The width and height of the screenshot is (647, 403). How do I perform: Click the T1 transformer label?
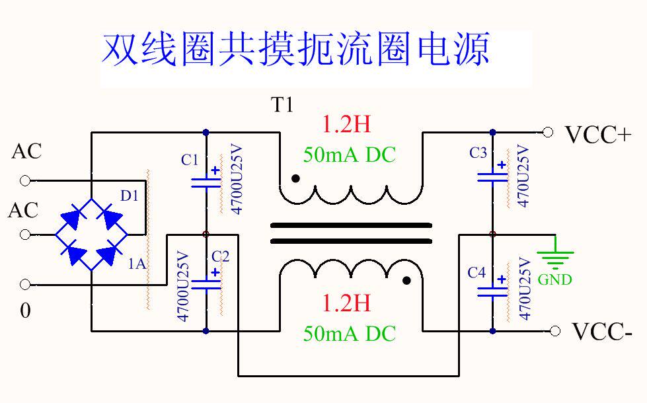(x=282, y=105)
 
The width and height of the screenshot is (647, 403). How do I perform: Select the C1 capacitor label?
(x=190, y=160)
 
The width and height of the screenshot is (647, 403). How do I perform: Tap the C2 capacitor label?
(x=221, y=256)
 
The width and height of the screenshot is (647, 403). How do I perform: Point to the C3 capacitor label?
(x=478, y=153)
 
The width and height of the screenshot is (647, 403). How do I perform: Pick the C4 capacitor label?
(x=476, y=272)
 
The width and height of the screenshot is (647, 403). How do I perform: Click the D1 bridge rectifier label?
(x=130, y=196)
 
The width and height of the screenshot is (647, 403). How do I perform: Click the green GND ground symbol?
(x=554, y=256)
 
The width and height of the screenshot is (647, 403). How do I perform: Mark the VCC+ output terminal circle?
(x=547, y=132)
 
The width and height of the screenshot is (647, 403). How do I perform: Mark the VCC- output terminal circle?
(x=555, y=330)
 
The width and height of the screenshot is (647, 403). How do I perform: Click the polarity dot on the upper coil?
(x=295, y=178)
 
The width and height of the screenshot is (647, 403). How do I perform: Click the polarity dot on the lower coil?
(x=407, y=281)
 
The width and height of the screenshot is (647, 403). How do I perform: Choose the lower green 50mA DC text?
(x=349, y=334)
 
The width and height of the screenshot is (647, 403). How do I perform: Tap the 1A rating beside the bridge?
(x=137, y=264)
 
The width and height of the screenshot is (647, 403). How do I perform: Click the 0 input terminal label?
(x=25, y=311)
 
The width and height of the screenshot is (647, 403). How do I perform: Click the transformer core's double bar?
(x=350, y=233)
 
